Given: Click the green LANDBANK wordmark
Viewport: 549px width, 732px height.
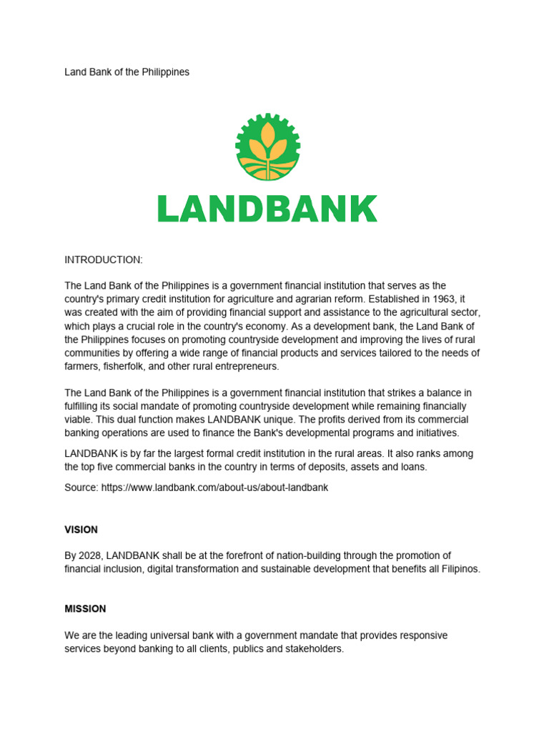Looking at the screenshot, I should point(267,208).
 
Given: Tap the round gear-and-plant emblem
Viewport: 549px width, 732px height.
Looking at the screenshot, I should point(267,147).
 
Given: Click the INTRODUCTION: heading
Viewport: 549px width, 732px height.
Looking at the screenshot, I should point(104,259).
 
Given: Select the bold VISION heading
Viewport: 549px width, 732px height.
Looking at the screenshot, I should point(81,530).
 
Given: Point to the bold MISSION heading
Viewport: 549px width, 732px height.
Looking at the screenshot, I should point(85,609).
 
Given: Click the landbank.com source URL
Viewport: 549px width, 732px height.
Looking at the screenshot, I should point(214,487).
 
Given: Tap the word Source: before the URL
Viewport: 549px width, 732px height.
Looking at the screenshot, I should point(81,487).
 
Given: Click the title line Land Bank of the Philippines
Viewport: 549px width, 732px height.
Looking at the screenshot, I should point(127,72).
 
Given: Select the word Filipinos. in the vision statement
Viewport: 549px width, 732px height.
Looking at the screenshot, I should point(456,569).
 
